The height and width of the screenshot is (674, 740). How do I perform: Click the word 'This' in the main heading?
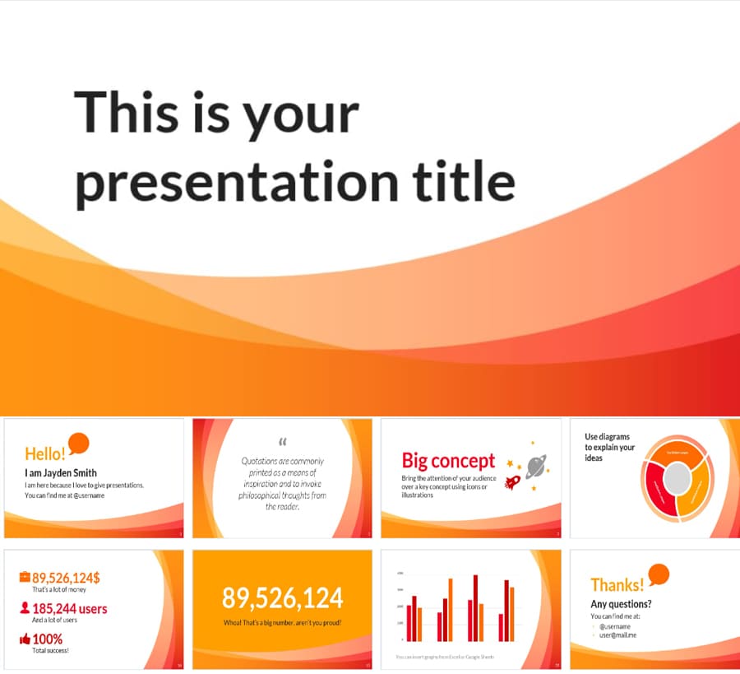point(125,113)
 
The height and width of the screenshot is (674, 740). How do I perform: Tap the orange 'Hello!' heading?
point(44,453)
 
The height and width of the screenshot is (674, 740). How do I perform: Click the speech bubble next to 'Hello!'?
point(79,443)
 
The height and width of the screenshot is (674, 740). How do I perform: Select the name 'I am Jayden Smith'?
point(60,472)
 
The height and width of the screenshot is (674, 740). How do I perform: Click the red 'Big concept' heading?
point(448,461)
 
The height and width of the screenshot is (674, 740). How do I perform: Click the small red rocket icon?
point(513,481)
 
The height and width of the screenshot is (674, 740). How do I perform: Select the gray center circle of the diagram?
point(678,477)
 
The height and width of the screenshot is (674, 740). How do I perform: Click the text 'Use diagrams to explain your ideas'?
point(609,447)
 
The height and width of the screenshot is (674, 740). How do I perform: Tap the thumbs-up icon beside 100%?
point(25,639)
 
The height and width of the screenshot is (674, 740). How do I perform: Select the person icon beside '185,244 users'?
point(25,609)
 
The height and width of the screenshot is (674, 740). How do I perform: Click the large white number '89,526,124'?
point(283,597)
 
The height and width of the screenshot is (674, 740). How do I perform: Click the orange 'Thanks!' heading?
point(617,585)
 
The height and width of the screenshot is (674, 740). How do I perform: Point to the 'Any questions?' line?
point(621,605)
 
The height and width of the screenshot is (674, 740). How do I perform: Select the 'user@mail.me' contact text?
point(617,635)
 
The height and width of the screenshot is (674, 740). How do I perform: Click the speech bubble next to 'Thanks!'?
point(659,574)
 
